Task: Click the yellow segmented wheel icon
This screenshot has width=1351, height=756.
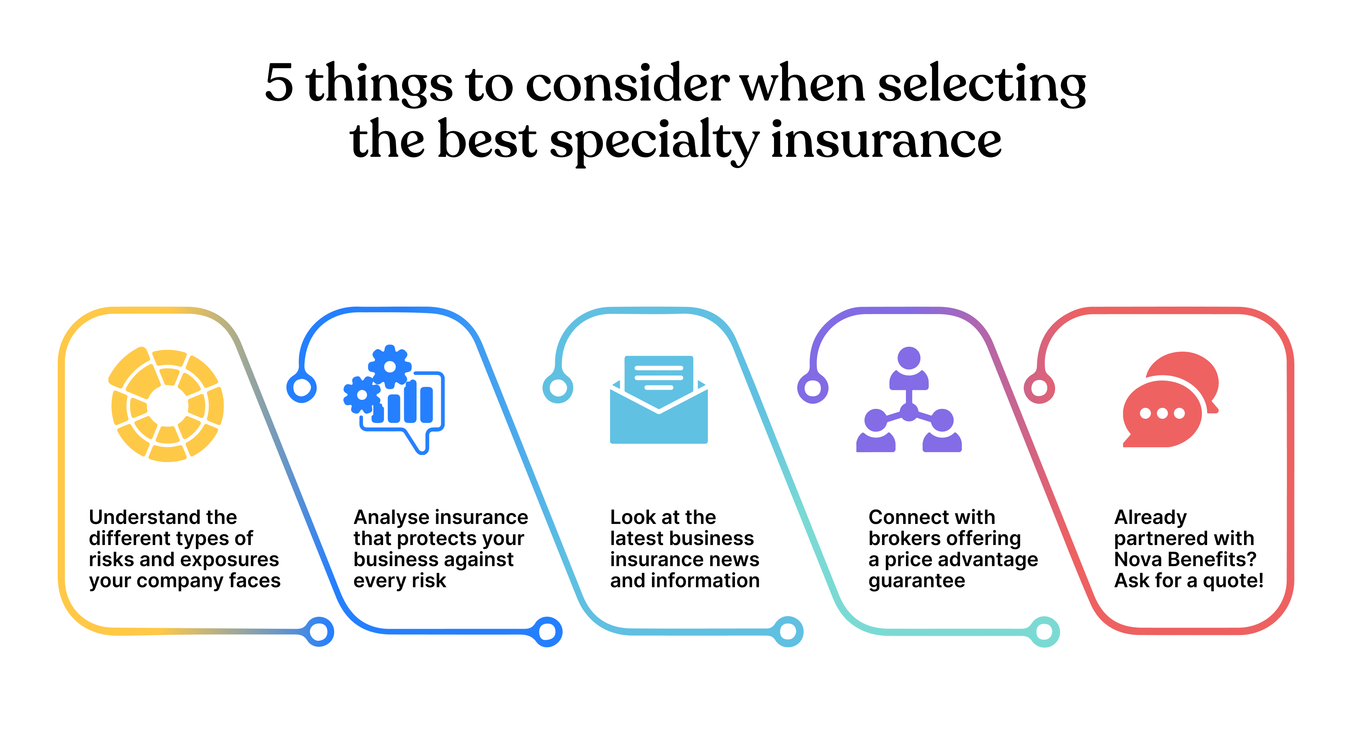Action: coord(167,404)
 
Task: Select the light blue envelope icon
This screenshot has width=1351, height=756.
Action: coord(659,399)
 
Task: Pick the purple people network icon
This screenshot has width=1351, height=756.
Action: coord(909,399)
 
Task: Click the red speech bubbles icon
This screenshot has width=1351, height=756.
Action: coord(1171,399)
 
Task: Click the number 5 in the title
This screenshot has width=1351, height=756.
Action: coord(279,83)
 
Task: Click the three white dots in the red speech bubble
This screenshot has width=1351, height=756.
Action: coord(1162,414)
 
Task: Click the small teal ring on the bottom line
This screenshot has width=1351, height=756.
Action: coord(1044,632)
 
